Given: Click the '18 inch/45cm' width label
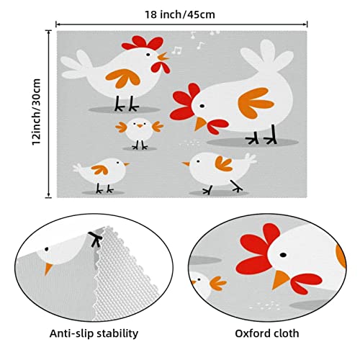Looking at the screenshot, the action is [180, 14].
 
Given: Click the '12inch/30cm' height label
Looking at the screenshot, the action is [37, 112].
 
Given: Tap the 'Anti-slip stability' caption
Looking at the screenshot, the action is [94, 333].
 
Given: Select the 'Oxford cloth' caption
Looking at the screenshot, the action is [267, 333].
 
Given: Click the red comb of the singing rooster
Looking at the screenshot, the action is [143, 43].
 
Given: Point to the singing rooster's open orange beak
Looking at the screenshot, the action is [163, 57].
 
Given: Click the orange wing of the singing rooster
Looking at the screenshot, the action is [123, 77].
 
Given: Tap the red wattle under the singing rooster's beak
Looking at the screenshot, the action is [161, 67].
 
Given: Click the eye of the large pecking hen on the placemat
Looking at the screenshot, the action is [202, 106].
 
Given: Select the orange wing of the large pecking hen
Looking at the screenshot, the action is [255, 103].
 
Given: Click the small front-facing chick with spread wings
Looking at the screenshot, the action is [140, 133].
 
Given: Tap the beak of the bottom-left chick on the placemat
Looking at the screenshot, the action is [127, 164].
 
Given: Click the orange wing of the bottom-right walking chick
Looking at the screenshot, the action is [224, 163].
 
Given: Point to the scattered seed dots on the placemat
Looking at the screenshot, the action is [189, 143].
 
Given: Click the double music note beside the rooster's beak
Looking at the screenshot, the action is [177, 50].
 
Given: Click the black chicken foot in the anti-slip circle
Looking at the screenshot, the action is [96, 239].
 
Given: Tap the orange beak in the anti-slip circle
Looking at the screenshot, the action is [48, 269].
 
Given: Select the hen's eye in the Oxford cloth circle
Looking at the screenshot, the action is [283, 255].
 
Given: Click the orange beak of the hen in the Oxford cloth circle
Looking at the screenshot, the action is [280, 279].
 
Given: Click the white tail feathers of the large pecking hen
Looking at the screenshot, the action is [267, 56].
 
